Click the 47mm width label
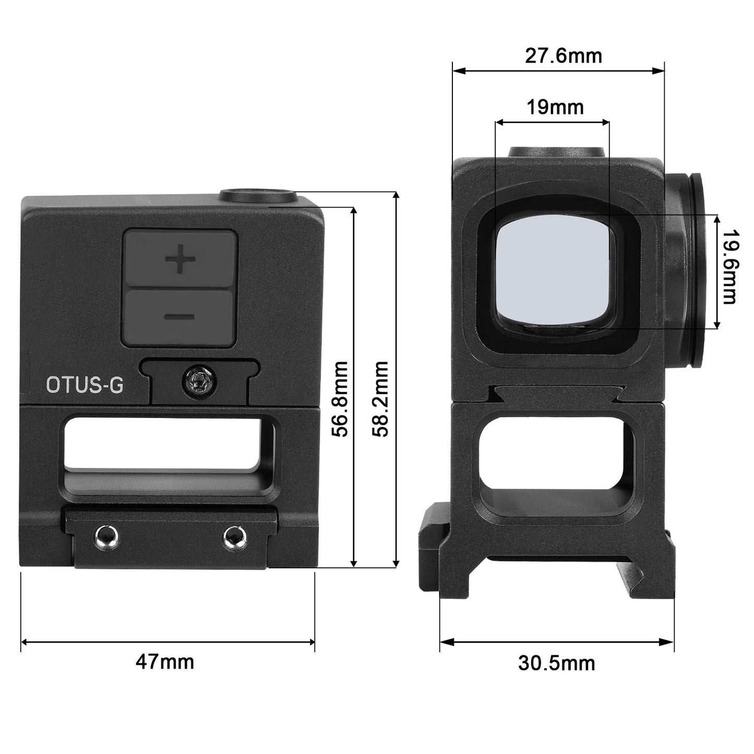165,662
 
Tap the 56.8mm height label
342,399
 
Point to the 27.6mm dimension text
564,56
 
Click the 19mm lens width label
555,107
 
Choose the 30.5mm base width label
556,663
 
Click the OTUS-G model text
85,385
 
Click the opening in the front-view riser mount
557,459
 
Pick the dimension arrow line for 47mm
167,641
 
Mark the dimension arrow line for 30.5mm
557,641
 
